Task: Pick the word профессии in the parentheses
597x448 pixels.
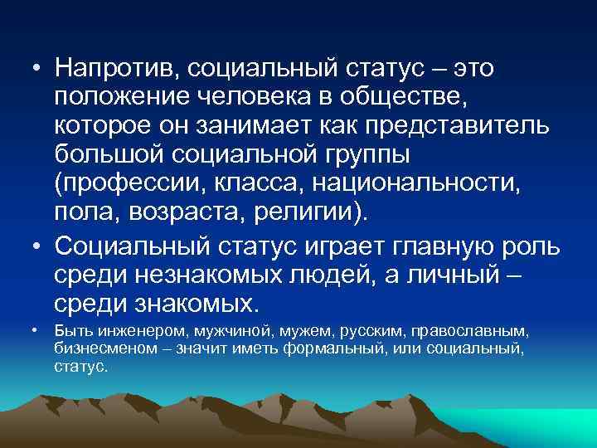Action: (129, 182)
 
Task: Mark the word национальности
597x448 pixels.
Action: (433, 182)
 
